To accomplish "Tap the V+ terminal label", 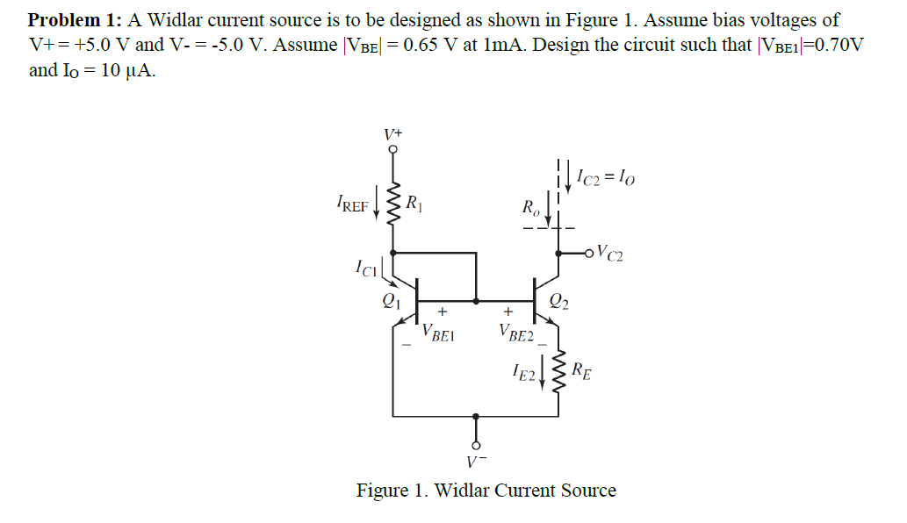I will point(393,134).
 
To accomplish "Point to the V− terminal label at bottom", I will point(476,460).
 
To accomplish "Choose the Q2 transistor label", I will point(559,303).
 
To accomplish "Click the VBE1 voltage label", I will point(438,333).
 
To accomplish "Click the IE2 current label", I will point(523,375).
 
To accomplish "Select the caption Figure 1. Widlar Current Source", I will point(486,491).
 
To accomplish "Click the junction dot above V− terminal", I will point(476,417).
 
